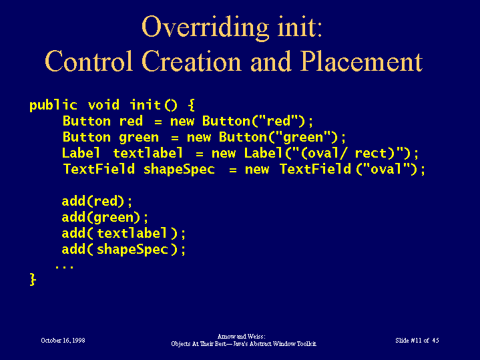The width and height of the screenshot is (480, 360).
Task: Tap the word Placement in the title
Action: [x=362, y=61]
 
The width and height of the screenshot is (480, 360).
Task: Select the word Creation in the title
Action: [x=192, y=61]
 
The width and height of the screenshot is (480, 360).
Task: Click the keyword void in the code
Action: [x=103, y=105]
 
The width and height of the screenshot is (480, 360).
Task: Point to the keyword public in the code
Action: [x=53, y=105]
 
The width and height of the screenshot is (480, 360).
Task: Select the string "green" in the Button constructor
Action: [x=303, y=137]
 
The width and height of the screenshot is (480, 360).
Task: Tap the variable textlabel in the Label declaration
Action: [x=148, y=153]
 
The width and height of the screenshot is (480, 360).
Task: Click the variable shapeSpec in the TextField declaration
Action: [x=179, y=169]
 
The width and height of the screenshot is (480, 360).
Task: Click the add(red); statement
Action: [x=97, y=201]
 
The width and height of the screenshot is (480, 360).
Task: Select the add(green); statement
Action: [x=105, y=218]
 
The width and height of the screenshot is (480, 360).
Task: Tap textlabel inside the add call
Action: [x=132, y=233]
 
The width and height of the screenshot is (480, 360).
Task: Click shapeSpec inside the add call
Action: [x=133, y=249]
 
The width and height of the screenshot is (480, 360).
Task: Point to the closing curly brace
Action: [x=33, y=279]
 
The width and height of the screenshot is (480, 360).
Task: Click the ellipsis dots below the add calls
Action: [x=64, y=266]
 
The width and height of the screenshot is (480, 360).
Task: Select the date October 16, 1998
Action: [x=63, y=341]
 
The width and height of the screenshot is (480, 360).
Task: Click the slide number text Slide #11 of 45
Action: [x=417, y=341]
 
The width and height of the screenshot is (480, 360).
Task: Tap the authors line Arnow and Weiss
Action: [x=241, y=337]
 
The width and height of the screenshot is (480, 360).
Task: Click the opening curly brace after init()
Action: [x=191, y=105]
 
